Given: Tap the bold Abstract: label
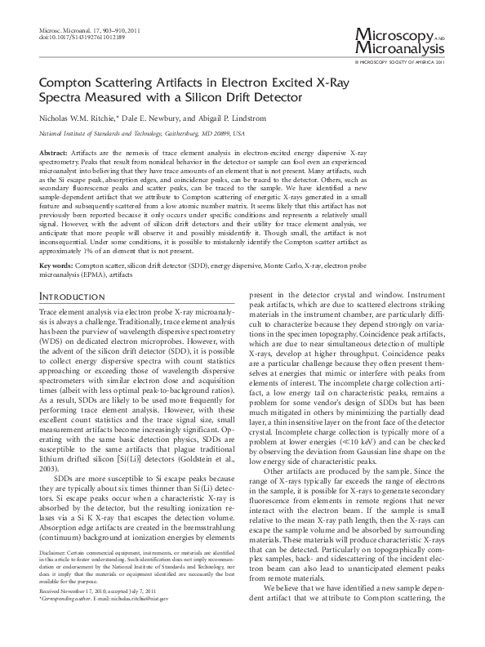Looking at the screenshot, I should point(53,154).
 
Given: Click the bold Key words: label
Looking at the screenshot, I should point(56,266).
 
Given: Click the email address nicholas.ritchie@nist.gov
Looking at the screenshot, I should point(131,622).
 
